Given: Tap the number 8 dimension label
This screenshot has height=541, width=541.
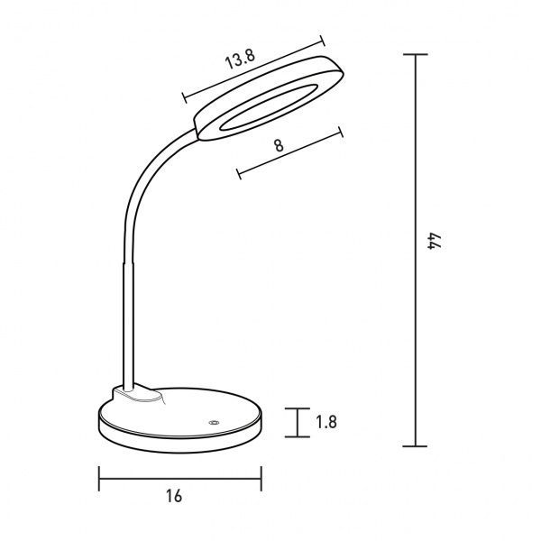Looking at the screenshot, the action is coord(279,145).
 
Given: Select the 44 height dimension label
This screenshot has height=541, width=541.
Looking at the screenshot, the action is coord(434,241).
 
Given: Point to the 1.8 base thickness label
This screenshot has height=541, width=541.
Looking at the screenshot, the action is coord(326,422).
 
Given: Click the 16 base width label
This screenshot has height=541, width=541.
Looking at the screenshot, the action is coord(173,497).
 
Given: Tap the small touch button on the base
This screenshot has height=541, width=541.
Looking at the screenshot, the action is coord(214,423).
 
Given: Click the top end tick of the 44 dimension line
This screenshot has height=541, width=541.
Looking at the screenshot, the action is coord(416,54).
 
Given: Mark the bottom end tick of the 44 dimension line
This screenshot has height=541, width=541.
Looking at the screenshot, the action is coord(416,446).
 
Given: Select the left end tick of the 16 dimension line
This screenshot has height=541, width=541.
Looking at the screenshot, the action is coord(99,479).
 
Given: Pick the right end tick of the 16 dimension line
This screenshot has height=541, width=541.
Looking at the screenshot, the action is coord(261,479).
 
